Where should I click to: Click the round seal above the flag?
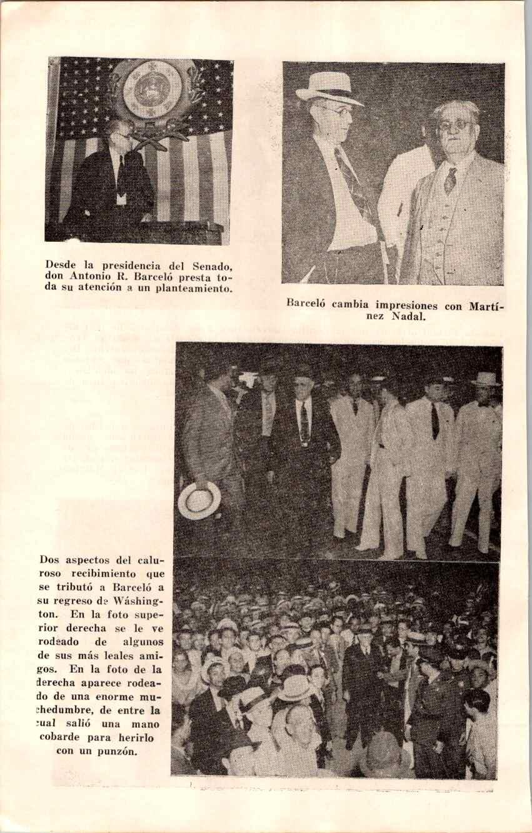point(152,89)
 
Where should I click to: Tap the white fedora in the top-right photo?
point(329,88)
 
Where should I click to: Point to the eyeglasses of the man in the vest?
point(455,126)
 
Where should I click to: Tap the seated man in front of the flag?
point(113,178)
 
